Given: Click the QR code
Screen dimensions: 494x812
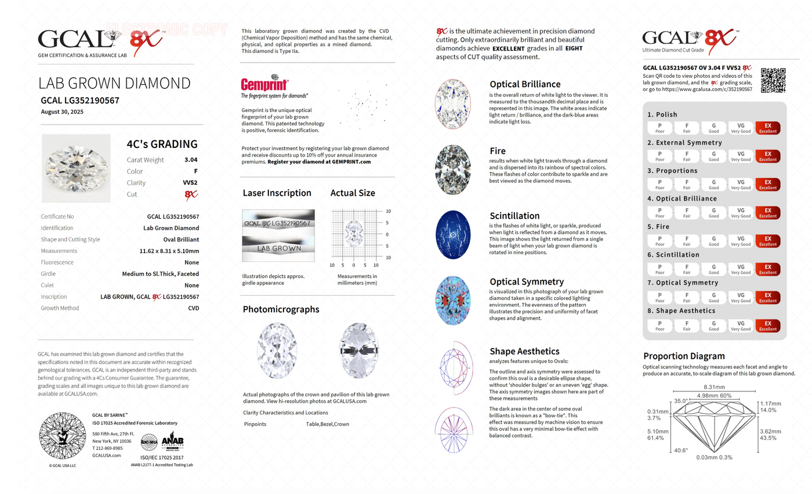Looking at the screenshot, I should point(773,80).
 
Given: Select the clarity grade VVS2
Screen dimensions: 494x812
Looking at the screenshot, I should point(190,183).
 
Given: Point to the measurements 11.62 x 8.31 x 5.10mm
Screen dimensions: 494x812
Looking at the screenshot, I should point(169,251).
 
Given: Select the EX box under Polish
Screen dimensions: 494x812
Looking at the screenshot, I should point(768,128).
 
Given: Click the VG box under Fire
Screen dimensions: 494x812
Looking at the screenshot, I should point(741,240).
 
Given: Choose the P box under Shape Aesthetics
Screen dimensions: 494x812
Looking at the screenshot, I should point(660,325).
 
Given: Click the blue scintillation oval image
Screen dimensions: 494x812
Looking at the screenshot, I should point(453,233).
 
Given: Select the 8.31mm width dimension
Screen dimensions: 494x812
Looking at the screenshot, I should point(714,387).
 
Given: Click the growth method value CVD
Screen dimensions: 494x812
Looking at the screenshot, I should point(194,308).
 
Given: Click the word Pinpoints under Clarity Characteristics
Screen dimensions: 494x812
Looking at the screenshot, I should point(255,424).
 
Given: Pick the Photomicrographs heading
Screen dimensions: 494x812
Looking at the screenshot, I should point(281,309).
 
